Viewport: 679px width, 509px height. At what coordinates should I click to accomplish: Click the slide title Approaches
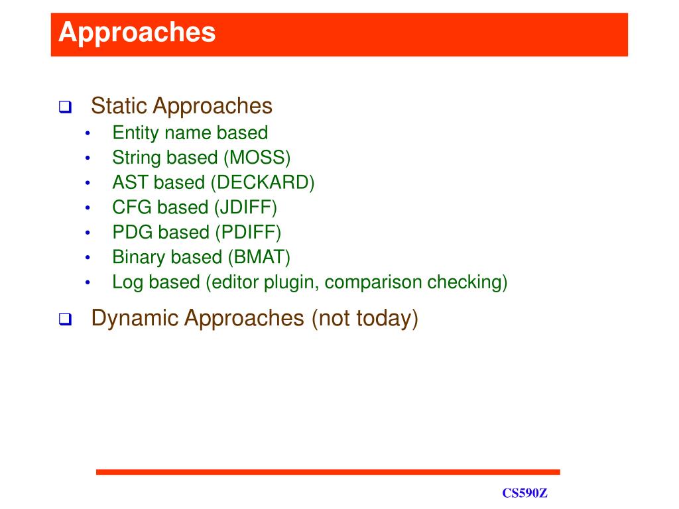[137, 32]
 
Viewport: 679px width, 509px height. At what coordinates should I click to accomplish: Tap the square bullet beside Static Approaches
[66, 107]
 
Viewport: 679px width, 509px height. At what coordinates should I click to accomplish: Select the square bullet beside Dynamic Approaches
[66, 319]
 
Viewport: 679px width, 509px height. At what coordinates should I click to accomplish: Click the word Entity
[135, 133]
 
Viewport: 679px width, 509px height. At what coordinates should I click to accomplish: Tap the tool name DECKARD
[263, 182]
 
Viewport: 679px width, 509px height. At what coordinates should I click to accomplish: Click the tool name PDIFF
[248, 232]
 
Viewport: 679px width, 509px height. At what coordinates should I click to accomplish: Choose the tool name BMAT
[259, 257]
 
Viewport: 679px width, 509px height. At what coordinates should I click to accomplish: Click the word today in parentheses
[383, 318]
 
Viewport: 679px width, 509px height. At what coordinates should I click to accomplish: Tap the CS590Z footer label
[525, 493]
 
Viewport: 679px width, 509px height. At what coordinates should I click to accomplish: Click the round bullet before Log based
[88, 283]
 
